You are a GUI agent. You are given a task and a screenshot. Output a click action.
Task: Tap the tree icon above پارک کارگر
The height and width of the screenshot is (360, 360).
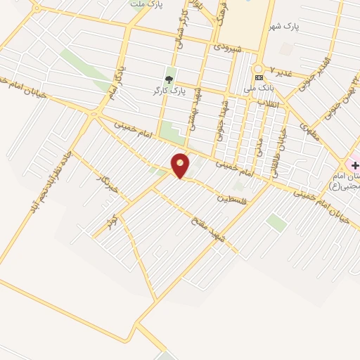click(x=169, y=78)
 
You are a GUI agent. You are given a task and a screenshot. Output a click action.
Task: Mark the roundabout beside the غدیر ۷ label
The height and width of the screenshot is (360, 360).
click(x=258, y=69)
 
